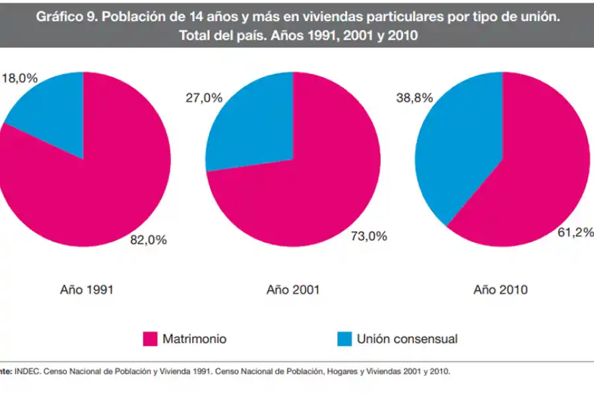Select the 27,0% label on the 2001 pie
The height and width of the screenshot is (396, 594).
click(204, 98)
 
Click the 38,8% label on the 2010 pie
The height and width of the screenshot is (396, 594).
click(414, 98)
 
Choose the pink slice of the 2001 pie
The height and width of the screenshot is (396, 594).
click(310, 191)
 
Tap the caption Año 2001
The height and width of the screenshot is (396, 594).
click(294, 289)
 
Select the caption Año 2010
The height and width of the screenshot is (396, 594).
click(500, 289)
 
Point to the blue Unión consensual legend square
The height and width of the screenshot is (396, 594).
click(345, 339)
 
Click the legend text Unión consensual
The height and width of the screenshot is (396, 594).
click(407, 339)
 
